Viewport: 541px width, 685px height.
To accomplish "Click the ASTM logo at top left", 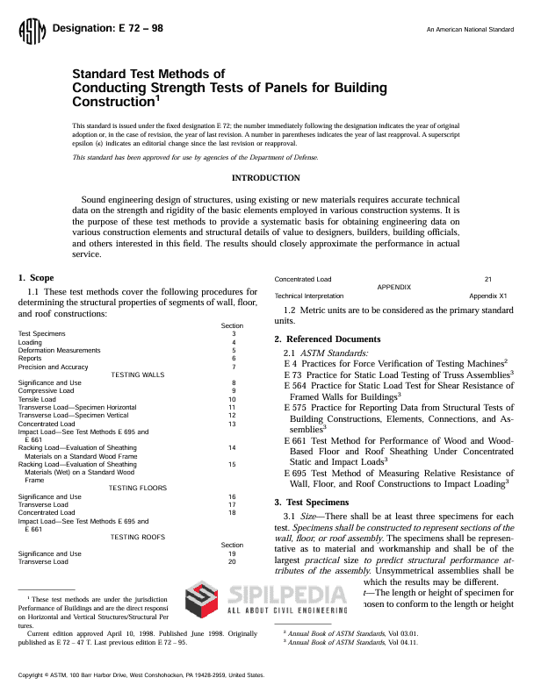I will [31, 33].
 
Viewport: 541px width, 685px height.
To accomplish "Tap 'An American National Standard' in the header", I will [470, 30].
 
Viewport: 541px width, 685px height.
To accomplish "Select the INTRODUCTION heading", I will [264, 178].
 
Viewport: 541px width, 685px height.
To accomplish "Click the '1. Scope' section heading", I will [36, 278].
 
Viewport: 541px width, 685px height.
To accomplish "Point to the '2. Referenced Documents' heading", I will [328, 339].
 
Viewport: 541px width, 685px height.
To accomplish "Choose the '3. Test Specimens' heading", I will [311, 502].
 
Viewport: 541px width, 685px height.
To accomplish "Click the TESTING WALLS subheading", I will [137, 375].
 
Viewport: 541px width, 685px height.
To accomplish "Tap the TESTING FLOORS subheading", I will [138, 488].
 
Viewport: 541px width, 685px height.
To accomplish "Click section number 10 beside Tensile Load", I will [232, 399].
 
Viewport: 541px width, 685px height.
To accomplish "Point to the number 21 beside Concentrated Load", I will [488, 279].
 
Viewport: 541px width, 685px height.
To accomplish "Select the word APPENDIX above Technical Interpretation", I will [393, 288].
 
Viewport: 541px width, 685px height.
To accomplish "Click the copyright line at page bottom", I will [141, 675].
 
